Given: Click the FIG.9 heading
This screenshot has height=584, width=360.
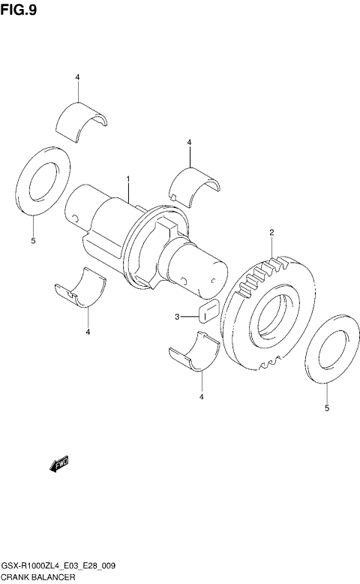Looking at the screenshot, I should point(19,11).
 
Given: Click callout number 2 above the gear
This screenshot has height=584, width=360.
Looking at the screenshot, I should point(271,233).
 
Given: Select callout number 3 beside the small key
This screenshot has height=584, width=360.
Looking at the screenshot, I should point(178,317).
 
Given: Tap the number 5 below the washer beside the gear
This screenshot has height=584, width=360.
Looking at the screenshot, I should point(326,408).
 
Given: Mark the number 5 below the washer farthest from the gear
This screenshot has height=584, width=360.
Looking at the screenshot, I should point(33,241).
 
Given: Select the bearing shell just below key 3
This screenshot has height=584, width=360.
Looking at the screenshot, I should point(194,352).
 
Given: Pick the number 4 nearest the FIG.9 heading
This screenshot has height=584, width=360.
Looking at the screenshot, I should point(76,78).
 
